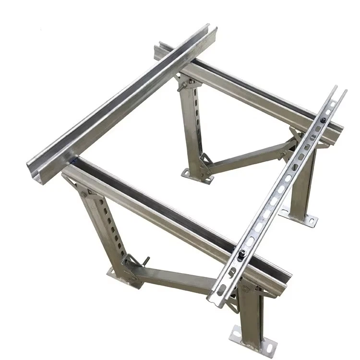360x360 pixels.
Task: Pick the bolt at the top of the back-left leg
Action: click(181, 86)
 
